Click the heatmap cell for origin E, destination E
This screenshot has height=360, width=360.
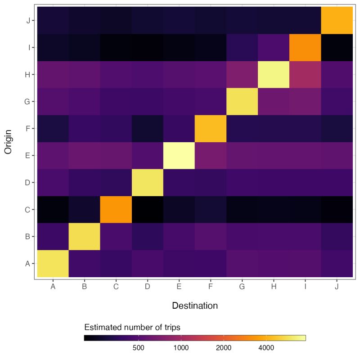[x=179, y=156]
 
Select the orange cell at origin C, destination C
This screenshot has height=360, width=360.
[x=116, y=210]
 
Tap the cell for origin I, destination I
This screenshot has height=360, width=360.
[x=305, y=47]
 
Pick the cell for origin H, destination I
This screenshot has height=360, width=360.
[x=305, y=75]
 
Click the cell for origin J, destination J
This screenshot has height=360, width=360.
[x=337, y=20]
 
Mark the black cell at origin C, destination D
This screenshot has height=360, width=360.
[x=147, y=210]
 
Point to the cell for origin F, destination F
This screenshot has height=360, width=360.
[x=210, y=129]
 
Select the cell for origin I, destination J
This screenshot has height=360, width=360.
[x=337, y=47]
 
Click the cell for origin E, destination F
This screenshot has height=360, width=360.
[x=210, y=156]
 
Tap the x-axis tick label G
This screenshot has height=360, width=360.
[x=242, y=287]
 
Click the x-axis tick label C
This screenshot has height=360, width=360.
[x=116, y=287]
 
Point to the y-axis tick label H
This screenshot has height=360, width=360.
[x=28, y=75]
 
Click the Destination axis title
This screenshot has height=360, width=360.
[x=195, y=306]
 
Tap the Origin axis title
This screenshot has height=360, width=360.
[x=8, y=143]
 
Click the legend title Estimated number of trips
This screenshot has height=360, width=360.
[x=132, y=327]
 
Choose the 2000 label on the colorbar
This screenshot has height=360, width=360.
[x=223, y=348]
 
